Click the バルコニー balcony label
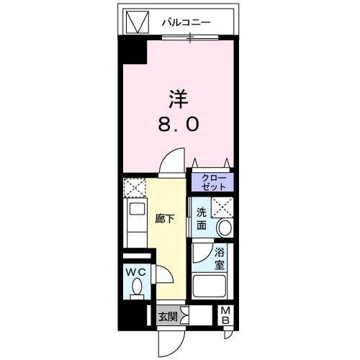[185, 22]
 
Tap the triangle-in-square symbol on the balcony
[135, 22]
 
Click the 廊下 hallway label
[165, 218]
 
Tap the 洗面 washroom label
[202, 218]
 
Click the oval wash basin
[225, 228]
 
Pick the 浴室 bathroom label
[219, 258]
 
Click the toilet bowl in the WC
[137, 289]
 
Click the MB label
[225, 315]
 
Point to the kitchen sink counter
[135, 223]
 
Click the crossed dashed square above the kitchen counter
[135, 189]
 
